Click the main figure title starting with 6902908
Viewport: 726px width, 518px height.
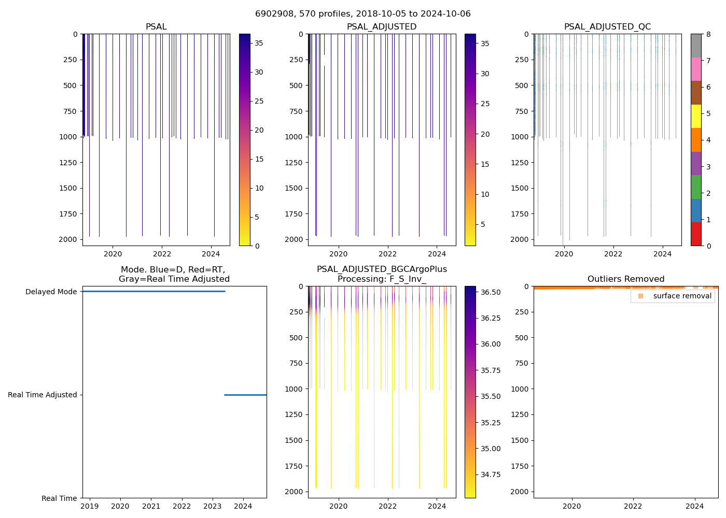click(x=363, y=14)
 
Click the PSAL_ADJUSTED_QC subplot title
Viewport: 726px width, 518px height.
click(x=607, y=27)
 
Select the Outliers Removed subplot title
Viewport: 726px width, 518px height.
click(x=625, y=279)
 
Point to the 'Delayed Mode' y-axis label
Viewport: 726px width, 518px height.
click(x=51, y=292)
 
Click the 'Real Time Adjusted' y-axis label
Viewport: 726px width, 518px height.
click(x=42, y=395)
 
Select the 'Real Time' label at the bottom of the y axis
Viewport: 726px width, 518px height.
click(x=59, y=498)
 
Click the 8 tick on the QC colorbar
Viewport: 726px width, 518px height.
click(x=708, y=35)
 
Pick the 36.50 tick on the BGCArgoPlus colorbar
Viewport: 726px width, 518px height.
click(x=490, y=292)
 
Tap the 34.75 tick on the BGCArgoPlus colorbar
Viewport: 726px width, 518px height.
click(x=490, y=474)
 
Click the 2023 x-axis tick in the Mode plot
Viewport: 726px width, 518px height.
click(x=213, y=506)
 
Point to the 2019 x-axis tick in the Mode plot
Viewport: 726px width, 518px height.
click(x=90, y=506)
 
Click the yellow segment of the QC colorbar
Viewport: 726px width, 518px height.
click(x=696, y=116)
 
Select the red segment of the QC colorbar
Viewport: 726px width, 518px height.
click(x=696, y=234)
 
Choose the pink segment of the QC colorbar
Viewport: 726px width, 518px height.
click(x=696, y=69)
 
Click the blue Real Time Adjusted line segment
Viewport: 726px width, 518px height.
click(x=245, y=395)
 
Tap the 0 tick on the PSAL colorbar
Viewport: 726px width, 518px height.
click(x=257, y=246)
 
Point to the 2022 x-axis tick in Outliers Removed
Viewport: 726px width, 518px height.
click(x=633, y=506)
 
